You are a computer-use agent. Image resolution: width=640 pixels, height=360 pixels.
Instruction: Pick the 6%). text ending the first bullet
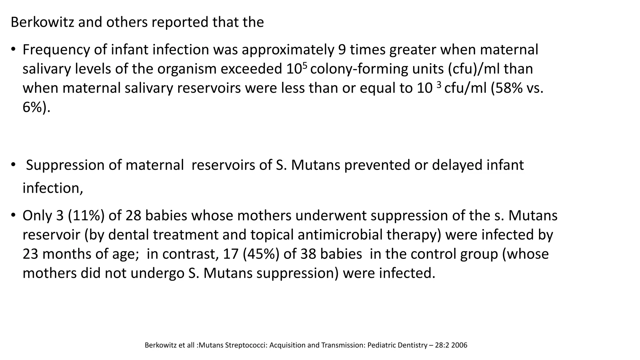(36, 107)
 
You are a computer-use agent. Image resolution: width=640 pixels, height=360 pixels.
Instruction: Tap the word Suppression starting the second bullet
(65, 165)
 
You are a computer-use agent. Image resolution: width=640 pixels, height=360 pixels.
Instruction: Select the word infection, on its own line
(53, 188)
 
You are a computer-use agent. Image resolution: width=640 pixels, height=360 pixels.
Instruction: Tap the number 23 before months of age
(31, 254)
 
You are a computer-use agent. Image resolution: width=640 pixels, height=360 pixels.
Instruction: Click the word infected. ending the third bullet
(407, 273)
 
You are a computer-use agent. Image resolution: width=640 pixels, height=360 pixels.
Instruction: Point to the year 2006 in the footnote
(459, 345)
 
